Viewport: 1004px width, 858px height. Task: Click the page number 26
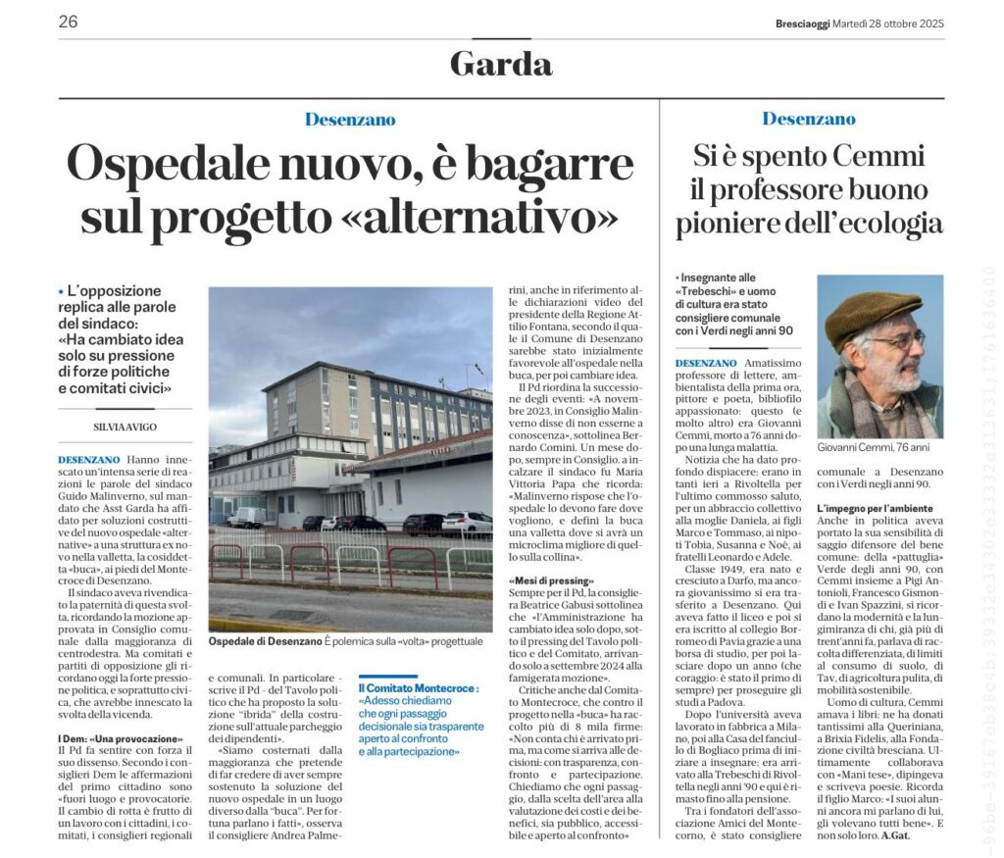click(x=68, y=22)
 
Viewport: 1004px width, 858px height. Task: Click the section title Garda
click(x=501, y=64)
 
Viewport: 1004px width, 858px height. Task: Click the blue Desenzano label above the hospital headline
click(x=350, y=120)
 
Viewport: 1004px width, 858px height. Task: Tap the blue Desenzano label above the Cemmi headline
click(x=809, y=119)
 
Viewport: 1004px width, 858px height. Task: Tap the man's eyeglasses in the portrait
click(x=894, y=340)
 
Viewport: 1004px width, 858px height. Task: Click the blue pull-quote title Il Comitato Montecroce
click(x=420, y=688)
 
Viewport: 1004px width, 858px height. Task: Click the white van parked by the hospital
click(x=246, y=516)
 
